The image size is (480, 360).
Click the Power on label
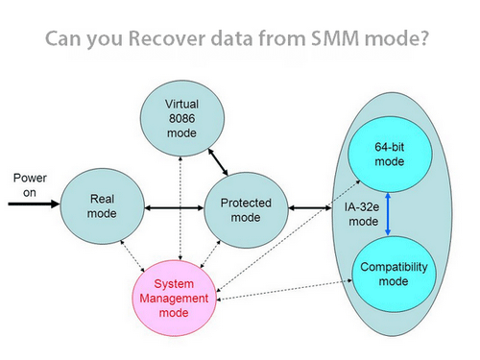coord(27,186)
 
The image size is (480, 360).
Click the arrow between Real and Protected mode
coord(174,205)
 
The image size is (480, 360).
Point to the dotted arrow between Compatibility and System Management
coord(288,293)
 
